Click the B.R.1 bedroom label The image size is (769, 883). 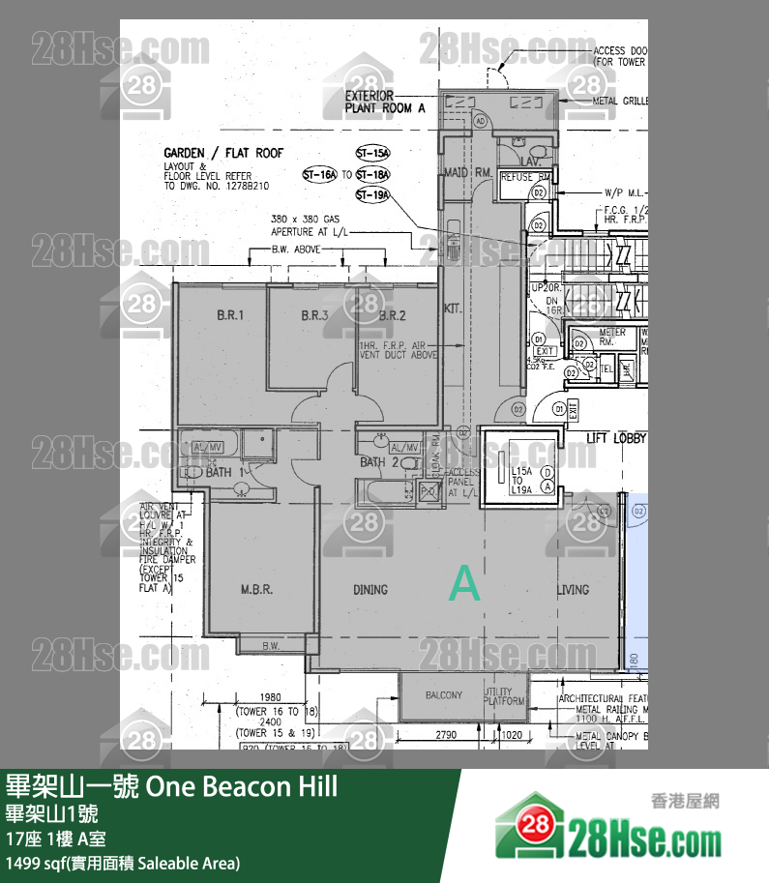pyautogui.click(x=228, y=315)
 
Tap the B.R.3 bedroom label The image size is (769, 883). pyautogui.click(x=314, y=315)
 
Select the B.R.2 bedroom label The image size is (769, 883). pyautogui.click(x=392, y=315)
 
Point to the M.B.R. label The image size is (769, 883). pyautogui.click(x=256, y=589)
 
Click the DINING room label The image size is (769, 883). pyautogui.click(x=370, y=589)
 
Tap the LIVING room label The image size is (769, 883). pyautogui.click(x=573, y=589)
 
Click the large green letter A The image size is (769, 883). pyautogui.click(x=465, y=585)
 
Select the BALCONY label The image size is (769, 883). pyautogui.click(x=444, y=695)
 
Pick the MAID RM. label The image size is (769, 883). pyautogui.click(x=469, y=172)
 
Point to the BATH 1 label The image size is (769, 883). pyautogui.click(x=226, y=473)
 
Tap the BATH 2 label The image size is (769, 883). pyautogui.click(x=379, y=462)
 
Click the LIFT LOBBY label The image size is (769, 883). pyautogui.click(x=616, y=438)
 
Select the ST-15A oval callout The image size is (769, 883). pyautogui.click(x=372, y=154)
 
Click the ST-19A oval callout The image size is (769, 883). pyautogui.click(x=372, y=195)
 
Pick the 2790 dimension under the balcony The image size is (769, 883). pyautogui.click(x=445, y=736)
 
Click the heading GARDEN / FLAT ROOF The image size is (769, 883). pyautogui.click(x=223, y=153)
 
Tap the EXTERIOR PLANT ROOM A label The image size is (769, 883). pyautogui.click(x=385, y=103)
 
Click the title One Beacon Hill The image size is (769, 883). pyautogui.click(x=172, y=786)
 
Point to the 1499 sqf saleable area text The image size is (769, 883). pyautogui.click(x=123, y=863)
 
